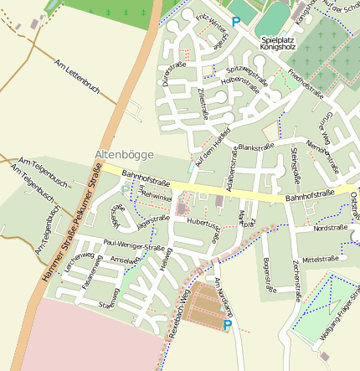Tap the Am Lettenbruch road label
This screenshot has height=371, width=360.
[x=76, y=77]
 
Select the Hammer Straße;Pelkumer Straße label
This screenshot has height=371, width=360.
[x=67, y=227]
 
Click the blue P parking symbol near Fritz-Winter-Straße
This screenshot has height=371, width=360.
[x=235, y=22]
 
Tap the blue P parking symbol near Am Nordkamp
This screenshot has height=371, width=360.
[x=227, y=324]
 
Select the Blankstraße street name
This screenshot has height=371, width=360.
[x=256, y=147]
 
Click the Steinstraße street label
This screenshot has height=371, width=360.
[x=295, y=164]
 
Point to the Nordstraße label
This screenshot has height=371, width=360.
[x=330, y=228]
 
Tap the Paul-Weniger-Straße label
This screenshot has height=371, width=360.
[x=134, y=246]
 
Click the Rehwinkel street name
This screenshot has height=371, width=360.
[x=157, y=195]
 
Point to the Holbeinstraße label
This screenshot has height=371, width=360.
[x=240, y=83]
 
